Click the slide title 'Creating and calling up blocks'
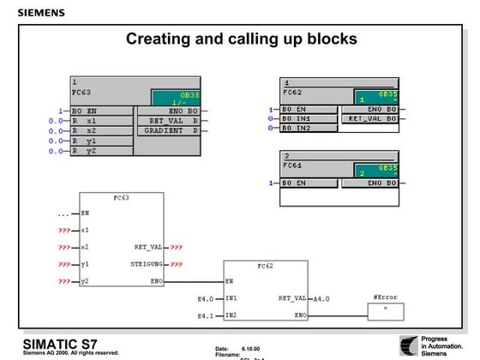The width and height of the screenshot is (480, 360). click(x=241, y=39)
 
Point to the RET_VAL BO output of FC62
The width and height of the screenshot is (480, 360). click(x=370, y=118)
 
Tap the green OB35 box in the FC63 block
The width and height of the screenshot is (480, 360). click(x=174, y=98)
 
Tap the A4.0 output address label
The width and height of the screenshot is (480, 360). click(x=321, y=298)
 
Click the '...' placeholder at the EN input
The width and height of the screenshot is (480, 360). click(x=63, y=213)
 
